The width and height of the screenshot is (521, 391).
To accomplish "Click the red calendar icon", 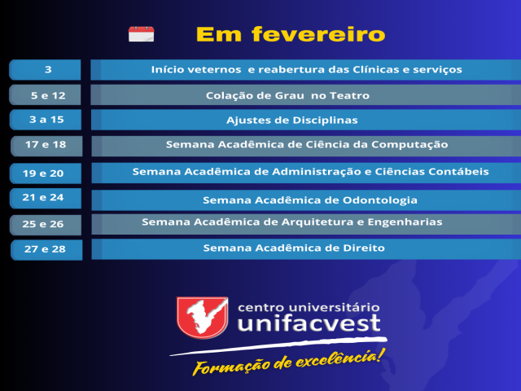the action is click(141, 34).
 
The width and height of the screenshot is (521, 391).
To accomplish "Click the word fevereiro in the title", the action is click(318, 34).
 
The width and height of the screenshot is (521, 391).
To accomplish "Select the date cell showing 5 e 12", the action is click(46, 95).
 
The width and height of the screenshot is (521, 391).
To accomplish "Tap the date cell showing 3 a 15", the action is click(46, 120).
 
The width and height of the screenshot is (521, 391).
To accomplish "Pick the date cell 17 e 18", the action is click(46, 146).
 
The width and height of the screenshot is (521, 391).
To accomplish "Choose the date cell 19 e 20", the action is click(46, 174).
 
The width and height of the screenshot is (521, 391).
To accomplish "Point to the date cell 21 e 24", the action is click(46, 198).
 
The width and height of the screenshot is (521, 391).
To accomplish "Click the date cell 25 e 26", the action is click(46, 225).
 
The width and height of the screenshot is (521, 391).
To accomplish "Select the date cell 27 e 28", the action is click(46, 250).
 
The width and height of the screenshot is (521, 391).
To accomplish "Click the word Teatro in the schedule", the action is click(349, 96).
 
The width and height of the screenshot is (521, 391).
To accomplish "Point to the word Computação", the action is click(409, 145).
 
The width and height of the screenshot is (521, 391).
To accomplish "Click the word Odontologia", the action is click(380, 200).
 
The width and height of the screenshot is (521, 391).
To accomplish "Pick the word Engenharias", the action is click(405, 222).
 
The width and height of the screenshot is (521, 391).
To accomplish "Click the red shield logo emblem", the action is click(203, 318).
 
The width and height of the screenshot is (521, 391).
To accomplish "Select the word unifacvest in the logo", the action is click(309, 323).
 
